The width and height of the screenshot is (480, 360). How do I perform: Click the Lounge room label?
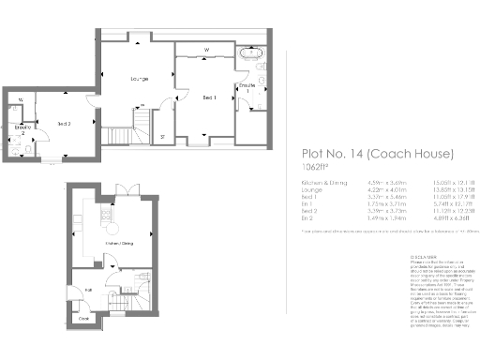click(x=140, y=79)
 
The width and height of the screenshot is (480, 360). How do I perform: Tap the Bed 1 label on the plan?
click(x=209, y=97)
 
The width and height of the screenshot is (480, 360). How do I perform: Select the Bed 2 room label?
click(x=63, y=123)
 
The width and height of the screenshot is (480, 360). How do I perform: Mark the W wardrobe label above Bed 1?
click(x=206, y=50)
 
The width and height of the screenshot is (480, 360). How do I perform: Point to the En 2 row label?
click(x=307, y=222)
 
